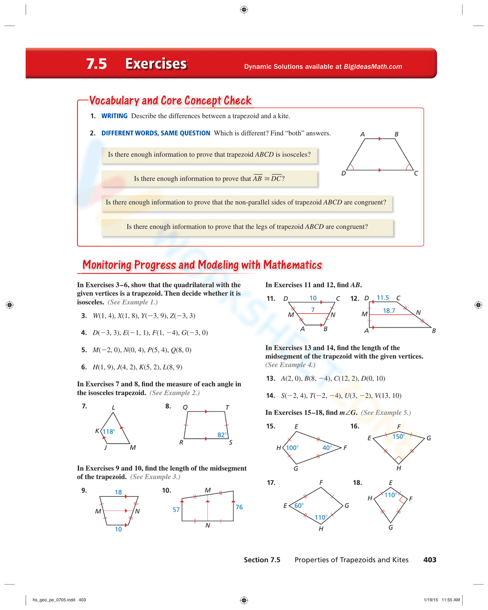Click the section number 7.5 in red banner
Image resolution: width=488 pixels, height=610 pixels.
[x=96, y=64]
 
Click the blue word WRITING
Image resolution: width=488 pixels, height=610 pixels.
[x=114, y=116]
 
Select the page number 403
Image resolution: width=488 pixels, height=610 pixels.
[x=429, y=560]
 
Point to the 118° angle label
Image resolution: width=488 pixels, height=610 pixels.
[x=109, y=431]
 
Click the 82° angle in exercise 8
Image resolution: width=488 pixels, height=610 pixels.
[x=222, y=435]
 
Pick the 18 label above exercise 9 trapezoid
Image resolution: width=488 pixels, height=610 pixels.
[x=118, y=492]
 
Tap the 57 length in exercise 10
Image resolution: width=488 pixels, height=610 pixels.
[x=176, y=509]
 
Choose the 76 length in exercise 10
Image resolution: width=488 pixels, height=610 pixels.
[x=239, y=507]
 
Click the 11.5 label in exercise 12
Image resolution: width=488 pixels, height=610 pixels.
[x=383, y=298]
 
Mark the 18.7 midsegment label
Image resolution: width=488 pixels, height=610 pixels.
[x=389, y=310]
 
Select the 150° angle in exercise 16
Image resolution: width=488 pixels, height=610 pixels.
[x=399, y=436]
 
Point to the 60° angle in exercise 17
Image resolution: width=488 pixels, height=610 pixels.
[x=299, y=506]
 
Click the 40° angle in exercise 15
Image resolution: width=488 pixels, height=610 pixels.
[x=327, y=447]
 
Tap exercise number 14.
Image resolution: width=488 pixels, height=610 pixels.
[x=270, y=396]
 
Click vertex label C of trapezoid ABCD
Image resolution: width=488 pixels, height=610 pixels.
[x=416, y=173]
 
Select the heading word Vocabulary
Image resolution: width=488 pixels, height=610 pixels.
[x=114, y=101]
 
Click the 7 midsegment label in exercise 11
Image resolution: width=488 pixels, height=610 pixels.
[x=313, y=310]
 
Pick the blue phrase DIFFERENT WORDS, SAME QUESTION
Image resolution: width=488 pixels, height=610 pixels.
[x=156, y=133]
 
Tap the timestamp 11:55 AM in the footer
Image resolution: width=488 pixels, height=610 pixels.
[x=450, y=600]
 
